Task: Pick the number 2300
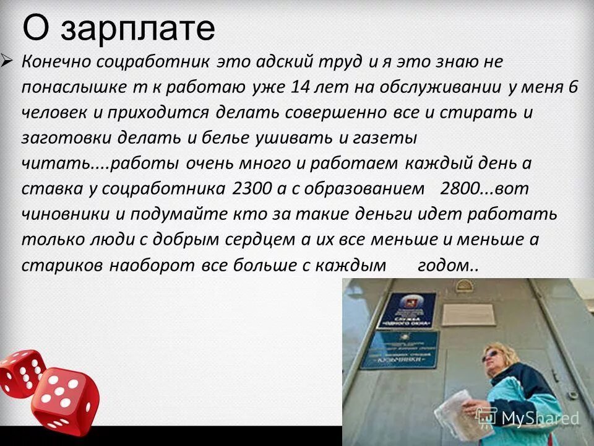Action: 255,188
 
